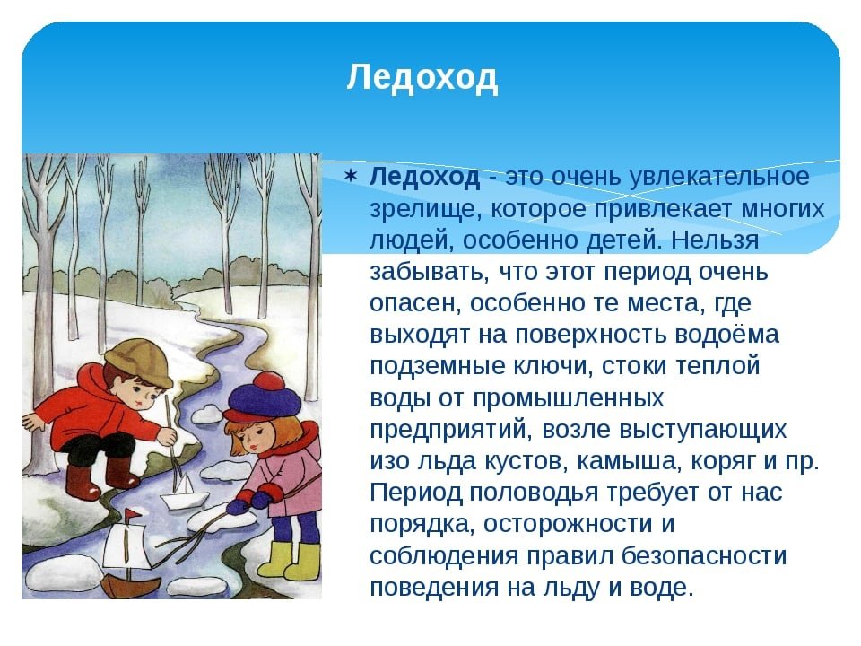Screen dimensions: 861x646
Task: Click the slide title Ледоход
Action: pos(422,77)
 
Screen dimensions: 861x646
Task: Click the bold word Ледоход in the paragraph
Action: pos(424,177)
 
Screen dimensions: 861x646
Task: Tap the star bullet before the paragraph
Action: pos(351,177)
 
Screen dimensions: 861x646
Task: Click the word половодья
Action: pos(534,493)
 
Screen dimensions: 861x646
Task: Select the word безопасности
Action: pos(705,555)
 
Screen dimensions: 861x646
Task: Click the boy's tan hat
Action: pos(137,361)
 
